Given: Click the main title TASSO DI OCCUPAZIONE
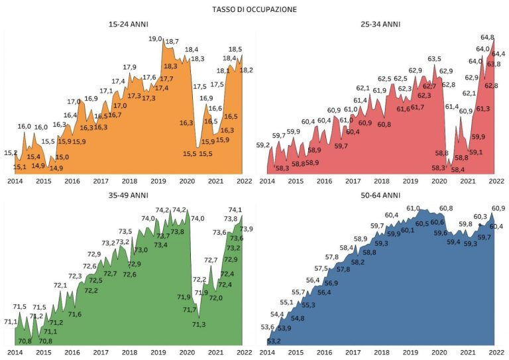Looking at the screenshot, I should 254,10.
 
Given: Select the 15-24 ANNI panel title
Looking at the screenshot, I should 129,25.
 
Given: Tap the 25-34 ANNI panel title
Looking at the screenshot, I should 381,25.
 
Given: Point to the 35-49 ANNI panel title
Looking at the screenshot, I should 129,195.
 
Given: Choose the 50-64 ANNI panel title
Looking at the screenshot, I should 381,195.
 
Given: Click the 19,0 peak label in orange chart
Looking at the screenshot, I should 155,39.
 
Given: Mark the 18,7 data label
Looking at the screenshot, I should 172,42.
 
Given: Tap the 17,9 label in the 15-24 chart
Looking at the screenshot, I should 130,67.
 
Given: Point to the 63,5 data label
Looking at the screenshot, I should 435,59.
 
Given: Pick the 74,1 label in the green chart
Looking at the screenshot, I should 235,210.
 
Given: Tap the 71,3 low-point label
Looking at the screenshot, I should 199,324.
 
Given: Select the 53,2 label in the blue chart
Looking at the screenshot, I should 273,341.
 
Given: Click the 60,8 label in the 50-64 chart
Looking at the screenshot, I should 446,208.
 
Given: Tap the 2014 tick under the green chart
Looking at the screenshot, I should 14,352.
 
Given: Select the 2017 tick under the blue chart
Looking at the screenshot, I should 353,352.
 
